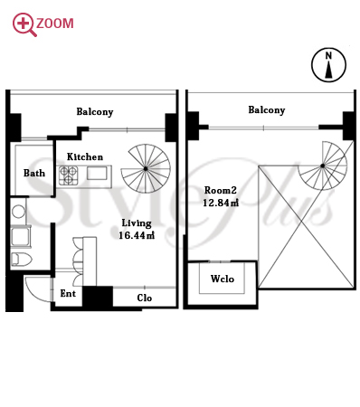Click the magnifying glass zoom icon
(24, 24)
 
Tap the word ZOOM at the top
(55, 24)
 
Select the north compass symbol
(328, 65)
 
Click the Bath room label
(34, 173)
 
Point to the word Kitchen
(85, 156)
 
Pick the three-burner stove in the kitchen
(69, 175)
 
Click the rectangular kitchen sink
(97, 174)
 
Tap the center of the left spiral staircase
(146, 169)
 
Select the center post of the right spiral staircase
(323, 166)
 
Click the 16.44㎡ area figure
(137, 235)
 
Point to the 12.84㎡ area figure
(221, 203)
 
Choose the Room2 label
(221, 190)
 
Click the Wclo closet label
(223, 279)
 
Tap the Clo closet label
(144, 298)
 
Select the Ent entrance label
(68, 293)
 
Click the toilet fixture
(22, 260)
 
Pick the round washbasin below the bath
(18, 212)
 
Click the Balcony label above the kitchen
(95, 112)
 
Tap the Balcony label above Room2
(267, 110)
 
